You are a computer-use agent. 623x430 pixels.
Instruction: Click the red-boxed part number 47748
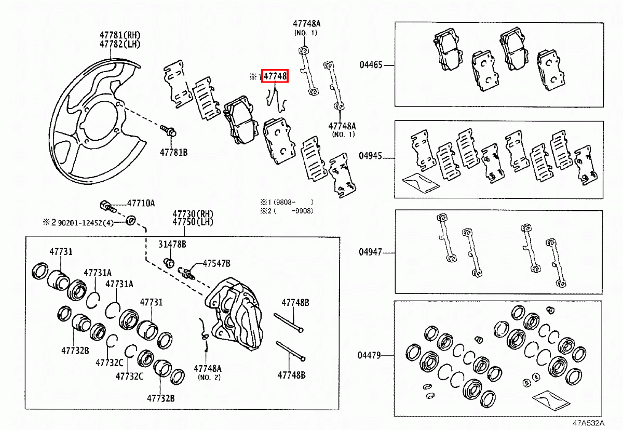click(275, 76)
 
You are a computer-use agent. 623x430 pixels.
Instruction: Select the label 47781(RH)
click(120, 35)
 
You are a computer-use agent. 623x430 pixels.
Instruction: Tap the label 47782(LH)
click(120, 44)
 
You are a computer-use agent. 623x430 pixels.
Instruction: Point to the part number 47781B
click(173, 153)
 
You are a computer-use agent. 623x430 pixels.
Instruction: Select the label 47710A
click(141, 204)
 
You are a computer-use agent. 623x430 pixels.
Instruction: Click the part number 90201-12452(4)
click(85, 223)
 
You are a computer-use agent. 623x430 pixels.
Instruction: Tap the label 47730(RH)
click(193, 214)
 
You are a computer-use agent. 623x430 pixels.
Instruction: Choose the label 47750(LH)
click(193, 222)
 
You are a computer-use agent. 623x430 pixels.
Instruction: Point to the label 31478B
click(172, 244)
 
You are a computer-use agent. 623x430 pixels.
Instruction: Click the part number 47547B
click(216, 263)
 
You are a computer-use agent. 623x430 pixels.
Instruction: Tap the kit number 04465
click(371, 65)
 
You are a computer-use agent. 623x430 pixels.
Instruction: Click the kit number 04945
click(371, 156)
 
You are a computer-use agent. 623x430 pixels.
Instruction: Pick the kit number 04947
click(371, 252)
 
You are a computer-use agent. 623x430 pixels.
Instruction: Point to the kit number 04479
click(371, 356)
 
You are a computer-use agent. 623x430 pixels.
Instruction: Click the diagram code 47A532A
click(589, 423)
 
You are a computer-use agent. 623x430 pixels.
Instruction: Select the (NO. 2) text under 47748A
click(209, 377)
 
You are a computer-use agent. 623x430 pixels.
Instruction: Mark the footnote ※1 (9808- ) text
click(287, 201)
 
